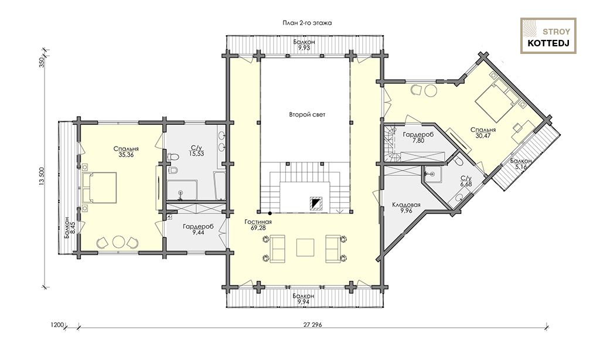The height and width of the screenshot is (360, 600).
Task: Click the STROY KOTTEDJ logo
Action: [548, 36]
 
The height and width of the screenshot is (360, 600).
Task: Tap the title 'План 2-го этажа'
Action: [307, 23]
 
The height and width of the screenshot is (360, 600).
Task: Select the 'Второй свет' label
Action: [307, 114]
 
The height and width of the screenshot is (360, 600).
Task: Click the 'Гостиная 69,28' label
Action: [259, 225]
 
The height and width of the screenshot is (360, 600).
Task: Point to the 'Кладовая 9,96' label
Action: [406, 208]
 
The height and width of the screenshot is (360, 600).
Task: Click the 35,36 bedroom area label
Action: [126, 152]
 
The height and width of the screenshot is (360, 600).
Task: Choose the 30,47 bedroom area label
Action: [483, 133]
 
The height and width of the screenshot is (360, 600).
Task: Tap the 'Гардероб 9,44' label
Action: [198, 229]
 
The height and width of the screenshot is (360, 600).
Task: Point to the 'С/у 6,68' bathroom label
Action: [466, 182]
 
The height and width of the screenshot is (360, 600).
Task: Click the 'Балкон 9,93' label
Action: [304, 45]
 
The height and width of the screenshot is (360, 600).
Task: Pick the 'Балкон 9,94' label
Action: [304, 298]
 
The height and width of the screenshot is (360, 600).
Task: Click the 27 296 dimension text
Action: [313, 325]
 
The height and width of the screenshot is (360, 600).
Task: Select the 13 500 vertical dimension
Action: [42, 177]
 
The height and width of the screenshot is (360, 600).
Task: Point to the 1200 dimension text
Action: [57, 325]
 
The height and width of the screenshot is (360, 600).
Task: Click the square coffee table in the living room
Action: [305, 247]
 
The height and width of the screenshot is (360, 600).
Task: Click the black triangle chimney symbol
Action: [315, 203]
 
